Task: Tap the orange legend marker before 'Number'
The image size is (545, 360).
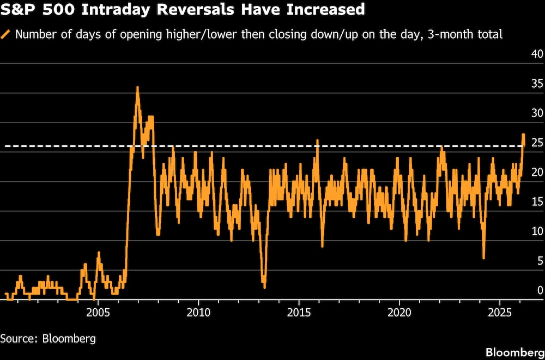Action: coord(6,34)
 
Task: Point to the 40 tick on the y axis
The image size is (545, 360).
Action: coord(537,54)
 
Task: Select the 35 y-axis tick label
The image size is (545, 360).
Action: coord(537,83)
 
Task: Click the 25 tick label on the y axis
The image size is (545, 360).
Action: coord(537,143)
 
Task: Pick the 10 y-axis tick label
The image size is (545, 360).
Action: coord(537,231)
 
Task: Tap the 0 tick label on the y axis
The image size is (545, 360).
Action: coord(540,290)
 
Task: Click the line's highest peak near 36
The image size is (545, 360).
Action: coord(137,87)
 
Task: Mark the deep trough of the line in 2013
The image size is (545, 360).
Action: coord(264,287)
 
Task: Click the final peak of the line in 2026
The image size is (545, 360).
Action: coord(523,134)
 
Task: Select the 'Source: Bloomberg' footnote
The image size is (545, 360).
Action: coord(48,338)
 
